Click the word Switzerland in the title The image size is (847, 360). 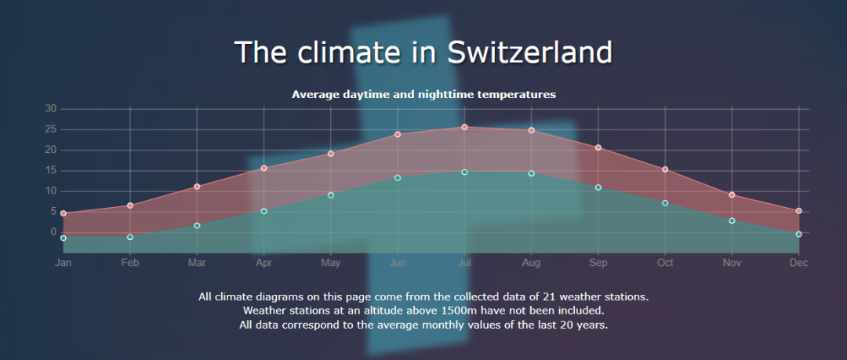529,52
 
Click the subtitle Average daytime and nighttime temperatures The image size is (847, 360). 423,94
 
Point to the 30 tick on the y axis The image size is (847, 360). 50,108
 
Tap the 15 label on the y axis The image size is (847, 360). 50,170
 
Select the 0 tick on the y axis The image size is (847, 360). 53,232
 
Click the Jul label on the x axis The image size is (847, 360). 464,263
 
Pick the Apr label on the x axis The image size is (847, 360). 264,263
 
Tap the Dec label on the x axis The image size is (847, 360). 798,263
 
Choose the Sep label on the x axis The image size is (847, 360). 598,263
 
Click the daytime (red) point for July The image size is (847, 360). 464,127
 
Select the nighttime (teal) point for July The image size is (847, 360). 464,172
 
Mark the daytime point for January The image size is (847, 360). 64,213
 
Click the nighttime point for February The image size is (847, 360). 130,237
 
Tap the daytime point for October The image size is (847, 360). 665,169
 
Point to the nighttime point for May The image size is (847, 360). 331,195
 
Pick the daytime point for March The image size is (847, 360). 197,187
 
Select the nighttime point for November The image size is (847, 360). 732,220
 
